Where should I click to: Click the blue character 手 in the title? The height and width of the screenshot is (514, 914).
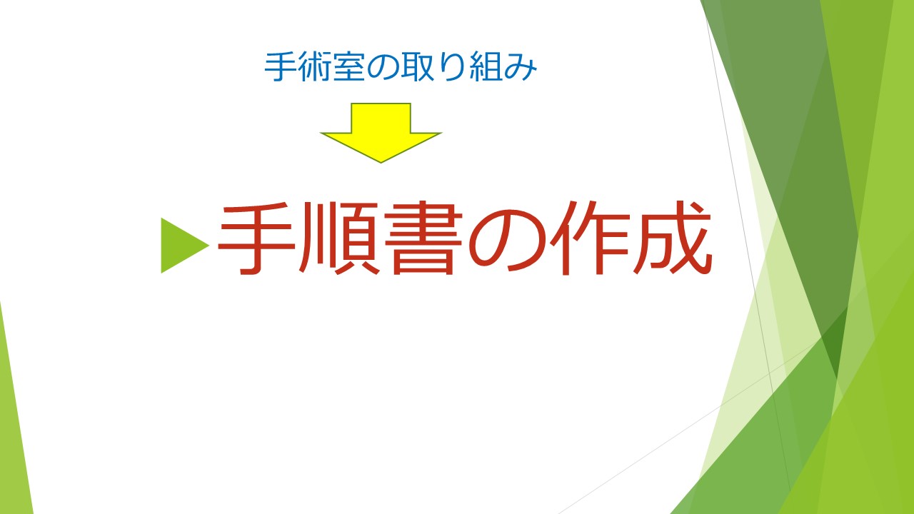click(x=281, y=66)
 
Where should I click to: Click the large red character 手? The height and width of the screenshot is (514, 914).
click(x=256, y=238)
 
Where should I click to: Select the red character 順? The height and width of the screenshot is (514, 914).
click(x=339, y=238)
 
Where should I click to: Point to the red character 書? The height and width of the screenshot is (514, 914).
click(x=423, y=238)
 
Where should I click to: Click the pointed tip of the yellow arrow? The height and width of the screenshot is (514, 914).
click(x=381, y=162)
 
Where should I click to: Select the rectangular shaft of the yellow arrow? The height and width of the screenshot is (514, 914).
click(x=381, y=119)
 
